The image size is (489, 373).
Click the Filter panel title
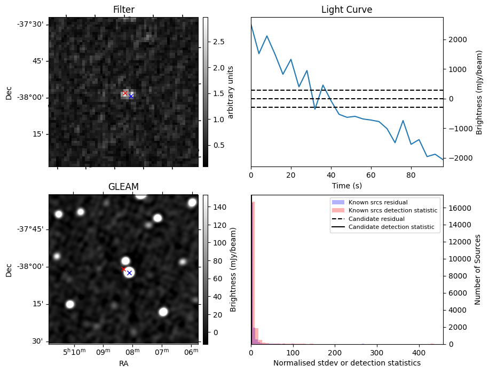[123, 10]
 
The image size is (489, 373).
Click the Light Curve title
[346, 10]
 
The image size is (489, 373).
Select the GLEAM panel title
[123, 187]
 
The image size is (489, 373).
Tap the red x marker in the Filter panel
[125, 93]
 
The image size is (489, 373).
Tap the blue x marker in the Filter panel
[131, 96]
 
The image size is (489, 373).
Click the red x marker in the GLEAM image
[123, 269]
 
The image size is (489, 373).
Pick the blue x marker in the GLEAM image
[129, 273]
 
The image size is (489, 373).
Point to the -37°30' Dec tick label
[33, 24]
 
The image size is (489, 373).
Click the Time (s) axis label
[346, 185]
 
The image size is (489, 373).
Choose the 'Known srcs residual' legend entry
[377, 203]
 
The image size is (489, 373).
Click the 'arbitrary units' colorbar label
[231, 92]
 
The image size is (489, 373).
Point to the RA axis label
[123, 363]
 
